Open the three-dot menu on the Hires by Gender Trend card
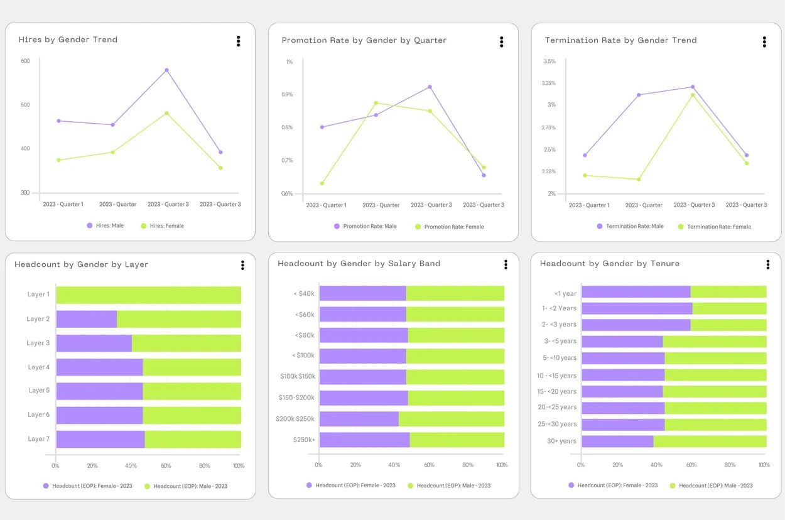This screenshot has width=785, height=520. click(x=238, y=41)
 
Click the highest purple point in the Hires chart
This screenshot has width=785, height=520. click(x=166, y=70)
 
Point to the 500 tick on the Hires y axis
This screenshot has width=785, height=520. click(x=25, y=105)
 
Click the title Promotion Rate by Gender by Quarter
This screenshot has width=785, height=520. click(x=364, y=40)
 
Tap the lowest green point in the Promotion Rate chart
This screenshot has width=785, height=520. click(x=322, y=183)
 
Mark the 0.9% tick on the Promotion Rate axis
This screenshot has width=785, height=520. click(x=287, y=94)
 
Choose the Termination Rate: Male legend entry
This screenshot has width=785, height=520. click(x=630, y=226)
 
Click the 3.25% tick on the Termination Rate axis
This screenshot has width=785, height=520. click(x=548, y=83)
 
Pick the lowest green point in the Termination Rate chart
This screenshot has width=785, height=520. click(x=639, y=180)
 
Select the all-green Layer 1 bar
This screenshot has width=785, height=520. click(x=149, y=295)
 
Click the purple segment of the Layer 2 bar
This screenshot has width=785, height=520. click(x=87, y=319)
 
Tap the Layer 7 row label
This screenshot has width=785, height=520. click(x=38, y=439)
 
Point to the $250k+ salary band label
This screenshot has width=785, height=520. click(x=304, y=440)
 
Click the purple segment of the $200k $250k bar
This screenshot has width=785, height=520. click(x=359, y=419)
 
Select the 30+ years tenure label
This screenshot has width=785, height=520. click(x=561, y=441)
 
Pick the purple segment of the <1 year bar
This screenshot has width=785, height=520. click(x=636, y=292)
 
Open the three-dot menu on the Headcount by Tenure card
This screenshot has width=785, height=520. click(x=768, y=264)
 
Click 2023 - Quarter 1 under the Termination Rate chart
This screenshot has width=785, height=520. click(x=589, y=205)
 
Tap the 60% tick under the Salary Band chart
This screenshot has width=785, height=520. click(x=429, y=465)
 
